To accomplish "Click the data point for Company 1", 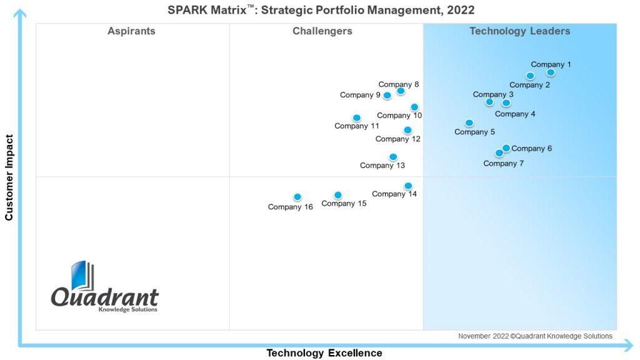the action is (551, 72).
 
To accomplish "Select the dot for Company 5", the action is (469, 123).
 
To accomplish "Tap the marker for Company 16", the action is (297, 197).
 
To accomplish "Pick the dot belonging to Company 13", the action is (393, 157).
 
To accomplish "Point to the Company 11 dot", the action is (357, 118).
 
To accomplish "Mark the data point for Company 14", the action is (408, 186).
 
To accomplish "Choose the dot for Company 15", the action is (338, 196).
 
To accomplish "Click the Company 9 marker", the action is (387, 96).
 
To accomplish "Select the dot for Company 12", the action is (407, 130).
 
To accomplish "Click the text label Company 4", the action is (515, 114).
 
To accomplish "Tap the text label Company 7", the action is (503, 164).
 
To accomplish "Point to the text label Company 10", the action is (399, 116).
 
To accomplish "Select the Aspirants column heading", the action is (131, 31).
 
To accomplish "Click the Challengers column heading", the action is (322, 31).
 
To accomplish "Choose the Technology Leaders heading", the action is (520, 31).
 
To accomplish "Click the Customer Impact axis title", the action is (9, 177).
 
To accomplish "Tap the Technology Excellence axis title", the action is (324, 353).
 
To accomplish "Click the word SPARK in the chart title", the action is (187, 10).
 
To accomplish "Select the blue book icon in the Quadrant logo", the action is (82, 275).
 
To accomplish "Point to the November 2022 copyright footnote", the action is (535, 336).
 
